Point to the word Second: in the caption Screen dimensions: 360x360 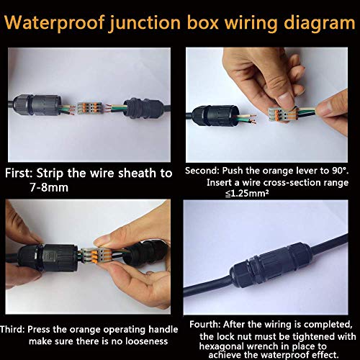(205, 171)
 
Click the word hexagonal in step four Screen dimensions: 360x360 (220, 345)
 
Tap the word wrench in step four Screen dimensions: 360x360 (262, 345)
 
